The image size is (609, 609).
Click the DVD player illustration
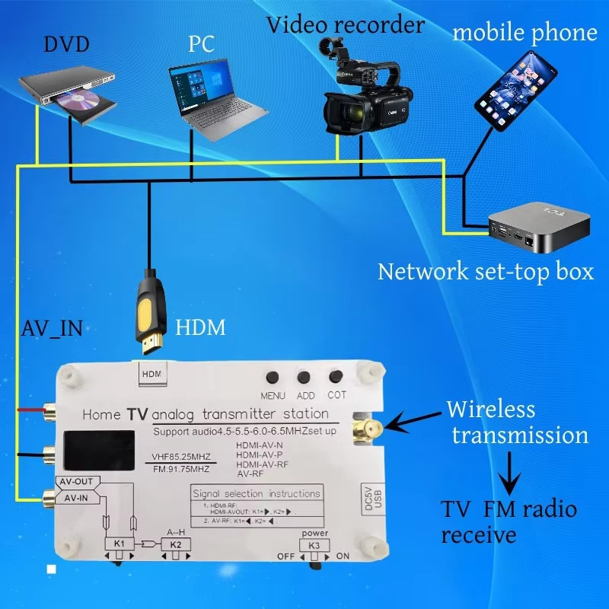68,93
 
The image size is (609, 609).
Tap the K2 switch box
176,544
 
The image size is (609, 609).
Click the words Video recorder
345,25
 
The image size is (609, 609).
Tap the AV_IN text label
51,329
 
